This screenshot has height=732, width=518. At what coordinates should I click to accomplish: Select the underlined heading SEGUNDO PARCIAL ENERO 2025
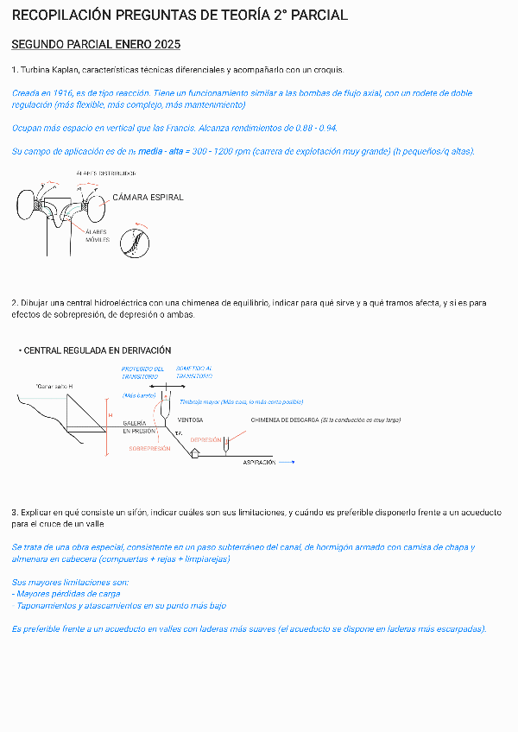coord(96,44)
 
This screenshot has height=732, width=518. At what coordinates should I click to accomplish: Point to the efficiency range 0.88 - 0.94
coord(315,128)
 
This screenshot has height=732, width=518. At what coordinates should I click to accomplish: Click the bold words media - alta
coord(165,151)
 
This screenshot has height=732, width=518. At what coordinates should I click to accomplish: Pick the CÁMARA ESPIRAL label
coord(148,198)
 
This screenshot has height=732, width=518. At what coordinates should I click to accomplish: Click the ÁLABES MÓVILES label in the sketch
coord(97,236)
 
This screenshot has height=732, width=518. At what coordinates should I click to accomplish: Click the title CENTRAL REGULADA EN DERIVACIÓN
coord(97,350)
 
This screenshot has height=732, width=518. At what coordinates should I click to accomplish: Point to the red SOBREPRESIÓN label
coord(149,449)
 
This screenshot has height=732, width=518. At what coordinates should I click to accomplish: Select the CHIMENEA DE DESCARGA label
coord(283,420)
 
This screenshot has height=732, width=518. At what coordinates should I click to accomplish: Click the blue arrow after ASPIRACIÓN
coord(287,463)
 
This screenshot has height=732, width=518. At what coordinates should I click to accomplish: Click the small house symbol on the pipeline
coord(195,454)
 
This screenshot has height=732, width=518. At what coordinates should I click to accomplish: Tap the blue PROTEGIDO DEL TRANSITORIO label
coord(142,373)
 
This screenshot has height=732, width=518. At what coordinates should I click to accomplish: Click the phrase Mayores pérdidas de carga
coord(68,594)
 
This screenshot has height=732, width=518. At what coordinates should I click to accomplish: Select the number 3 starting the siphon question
coord(14,513)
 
